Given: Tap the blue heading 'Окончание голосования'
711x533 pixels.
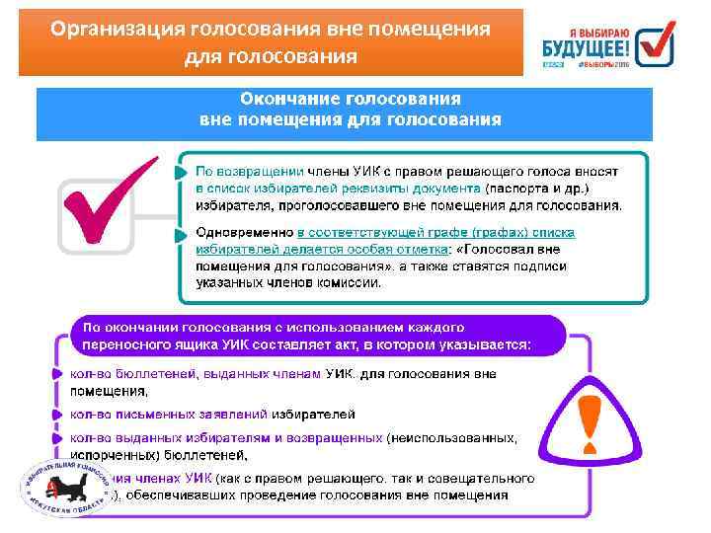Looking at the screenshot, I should pos(351,100).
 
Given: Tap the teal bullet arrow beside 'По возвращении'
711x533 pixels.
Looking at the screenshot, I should pos(180,173).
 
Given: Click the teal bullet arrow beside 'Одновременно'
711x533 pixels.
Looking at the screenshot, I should pos(180,235).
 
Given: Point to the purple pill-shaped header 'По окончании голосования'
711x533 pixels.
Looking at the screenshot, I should pos(316,336).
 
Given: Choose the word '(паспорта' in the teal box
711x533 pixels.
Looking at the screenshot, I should pos(514,188).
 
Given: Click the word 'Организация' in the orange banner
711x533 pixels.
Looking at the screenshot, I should pos(115,29).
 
